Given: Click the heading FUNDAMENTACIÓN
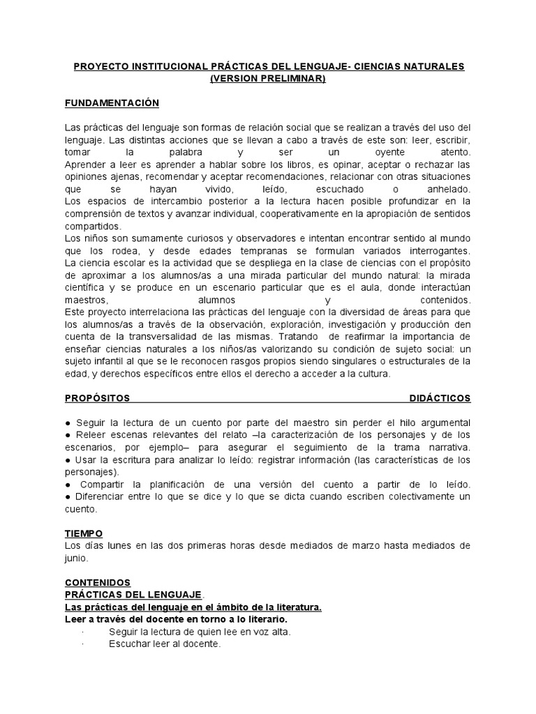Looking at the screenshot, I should [x=112, y=103].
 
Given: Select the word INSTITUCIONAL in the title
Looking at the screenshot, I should [x=165, y=66].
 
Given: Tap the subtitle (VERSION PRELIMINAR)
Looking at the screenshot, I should [x=268, y=79].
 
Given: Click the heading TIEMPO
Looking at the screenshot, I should [x=84, y=533].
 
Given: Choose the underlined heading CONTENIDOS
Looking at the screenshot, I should [x=97, y=582].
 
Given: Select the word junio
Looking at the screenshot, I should [x=77, y=559].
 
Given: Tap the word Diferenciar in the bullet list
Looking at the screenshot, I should [x=103, y=496].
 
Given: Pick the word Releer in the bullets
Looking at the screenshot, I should [x=90, y=434].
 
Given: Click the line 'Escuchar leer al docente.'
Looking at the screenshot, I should [x=165, y=644].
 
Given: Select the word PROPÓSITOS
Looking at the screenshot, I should [x=97, y=398].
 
